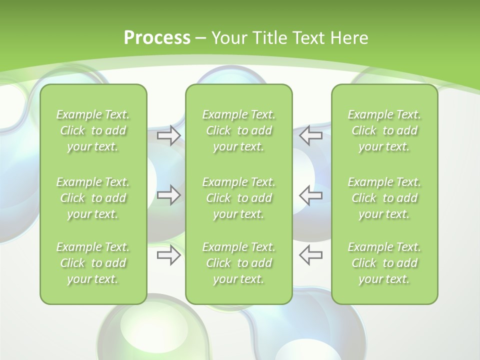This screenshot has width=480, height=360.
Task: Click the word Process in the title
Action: point(157,38)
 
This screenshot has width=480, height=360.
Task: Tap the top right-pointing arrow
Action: point(168,135)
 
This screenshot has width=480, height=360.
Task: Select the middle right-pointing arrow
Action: point(168,195)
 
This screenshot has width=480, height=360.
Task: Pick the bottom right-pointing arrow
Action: point(168,255)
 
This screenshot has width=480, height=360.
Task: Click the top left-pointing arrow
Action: point(311,135)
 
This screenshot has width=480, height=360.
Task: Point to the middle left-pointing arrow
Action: point(311,195)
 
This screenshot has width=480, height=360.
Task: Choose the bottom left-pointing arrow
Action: point(311,255)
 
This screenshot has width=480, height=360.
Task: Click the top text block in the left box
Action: point(93,130)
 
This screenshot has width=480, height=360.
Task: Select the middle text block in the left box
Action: point(93,198)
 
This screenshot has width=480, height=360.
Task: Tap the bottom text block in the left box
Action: point(93,263)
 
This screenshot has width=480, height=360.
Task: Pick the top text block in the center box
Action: point(239,130)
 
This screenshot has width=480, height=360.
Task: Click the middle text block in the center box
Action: point(239,198)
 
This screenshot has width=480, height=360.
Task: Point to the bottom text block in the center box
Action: point(239,263)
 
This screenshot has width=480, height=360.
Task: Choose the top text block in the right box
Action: point(384,130)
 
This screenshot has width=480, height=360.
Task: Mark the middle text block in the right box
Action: point(384,198)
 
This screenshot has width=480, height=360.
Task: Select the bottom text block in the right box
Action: point(384,263)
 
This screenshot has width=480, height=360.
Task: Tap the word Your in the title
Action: point(227,38)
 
